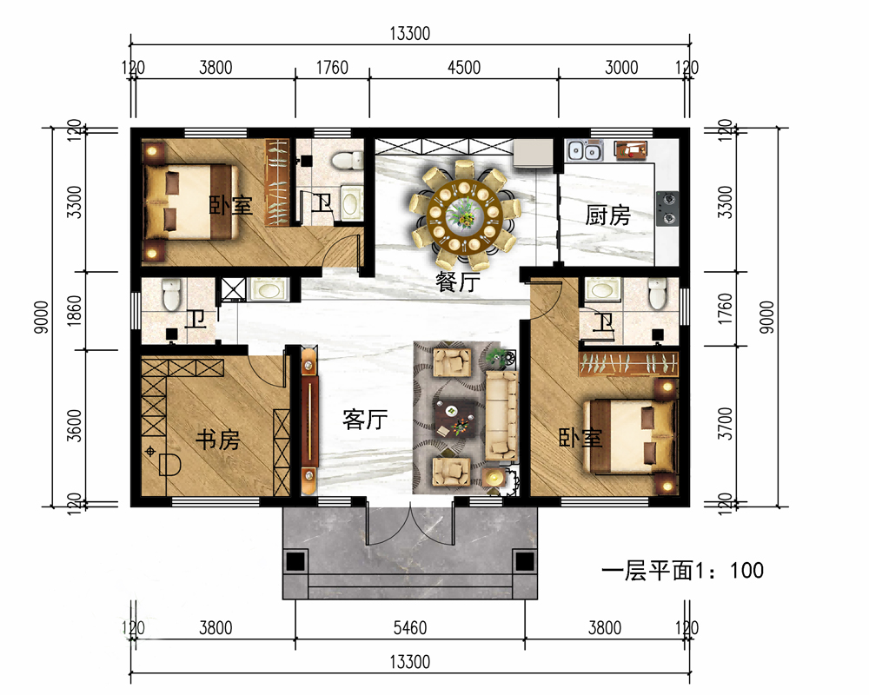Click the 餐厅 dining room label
[x=458, y=281]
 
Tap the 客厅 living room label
[x=365, y=420]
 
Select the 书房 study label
[x=218, y=440]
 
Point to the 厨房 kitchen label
[x=608, y=215]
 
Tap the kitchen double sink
[x=584, y=150]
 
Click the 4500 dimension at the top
[x=464, y=68]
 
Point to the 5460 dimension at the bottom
[x=410, y=628]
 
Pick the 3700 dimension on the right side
[x=725, y=423]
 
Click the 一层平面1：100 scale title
[x=682, y=570]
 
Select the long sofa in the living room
[x=501, y=415]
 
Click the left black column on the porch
[x=295, y=561]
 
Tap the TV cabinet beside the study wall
[x=309, y=420]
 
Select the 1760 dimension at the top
[x=332, y=68]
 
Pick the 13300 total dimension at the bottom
[x=410, y=662]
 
